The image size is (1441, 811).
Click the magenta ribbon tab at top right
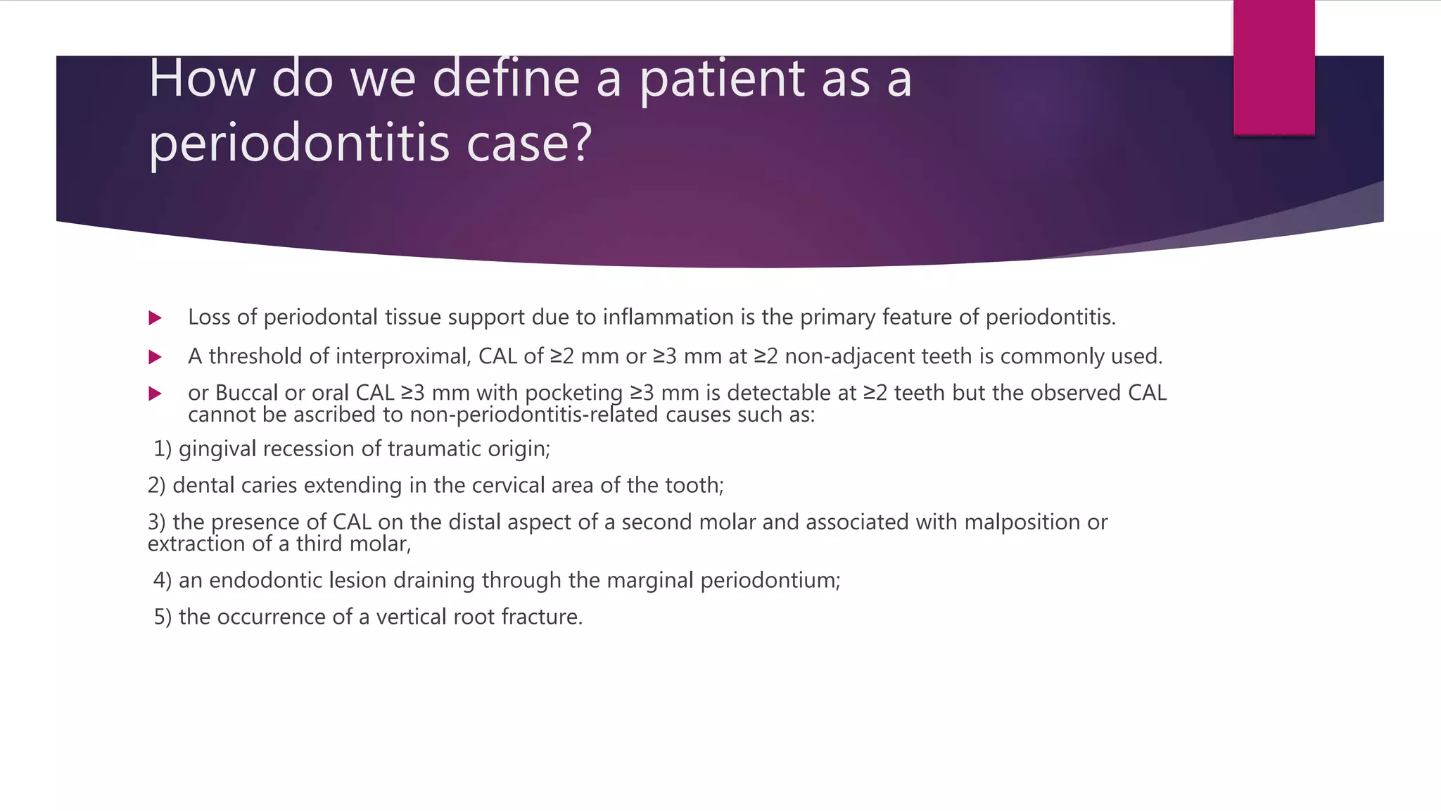(1274, 68)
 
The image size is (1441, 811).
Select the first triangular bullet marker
(155, 318)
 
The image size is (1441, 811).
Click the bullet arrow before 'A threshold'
(155, 358)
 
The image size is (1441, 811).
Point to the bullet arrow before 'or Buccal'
(155, 394)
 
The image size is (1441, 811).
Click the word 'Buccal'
(246, 393)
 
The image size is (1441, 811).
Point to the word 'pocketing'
(573, 394)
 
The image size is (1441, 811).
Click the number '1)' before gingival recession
(163, 449)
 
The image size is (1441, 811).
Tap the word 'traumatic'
(421, 449)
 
